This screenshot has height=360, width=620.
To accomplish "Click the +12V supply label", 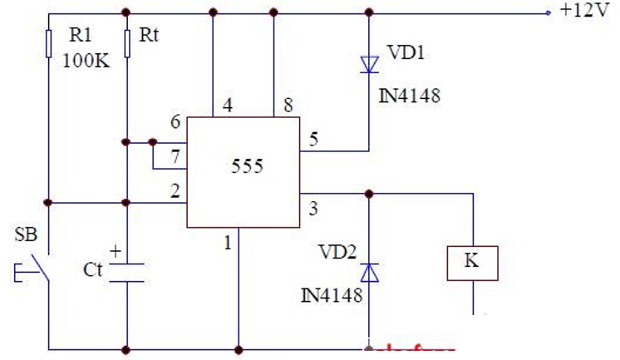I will click(586, 12).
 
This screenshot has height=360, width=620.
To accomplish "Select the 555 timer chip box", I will click(243, 171).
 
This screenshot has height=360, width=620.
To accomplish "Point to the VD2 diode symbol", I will click(369, 272).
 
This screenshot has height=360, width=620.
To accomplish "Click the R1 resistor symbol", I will click(49, 43).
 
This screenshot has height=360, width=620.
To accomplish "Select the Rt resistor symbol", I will click(127, 43).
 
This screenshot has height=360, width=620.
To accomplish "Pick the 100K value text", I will click(86, 62).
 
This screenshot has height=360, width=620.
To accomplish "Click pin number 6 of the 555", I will click(175, 122).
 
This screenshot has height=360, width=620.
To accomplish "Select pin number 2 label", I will click(175, 191).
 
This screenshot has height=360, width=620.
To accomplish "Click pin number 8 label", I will click(288, 105).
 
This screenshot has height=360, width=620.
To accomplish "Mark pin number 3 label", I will click(313, 208).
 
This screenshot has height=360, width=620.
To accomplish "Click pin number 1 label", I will click(225, 243).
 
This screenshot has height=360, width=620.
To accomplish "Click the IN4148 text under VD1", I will click(409, 96).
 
